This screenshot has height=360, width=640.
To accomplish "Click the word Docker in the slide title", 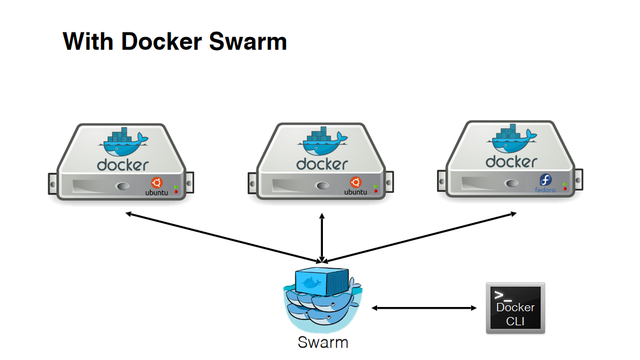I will click(156, 42).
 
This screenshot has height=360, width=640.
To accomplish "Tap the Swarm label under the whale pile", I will click(323, 342).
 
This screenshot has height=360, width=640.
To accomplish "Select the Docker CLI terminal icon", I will click(515, 308).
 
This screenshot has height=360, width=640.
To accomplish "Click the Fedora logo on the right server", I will click(545, 181).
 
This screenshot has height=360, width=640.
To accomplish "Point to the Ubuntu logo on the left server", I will click(156, 184).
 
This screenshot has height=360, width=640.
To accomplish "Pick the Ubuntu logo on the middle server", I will click(355, 184).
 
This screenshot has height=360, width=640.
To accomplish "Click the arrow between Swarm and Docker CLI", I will click(424, 308).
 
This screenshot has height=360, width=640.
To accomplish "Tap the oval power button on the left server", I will click(122, 187).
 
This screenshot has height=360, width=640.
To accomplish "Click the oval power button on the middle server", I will click(322, 186).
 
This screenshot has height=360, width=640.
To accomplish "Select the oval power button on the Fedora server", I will click(511, 184).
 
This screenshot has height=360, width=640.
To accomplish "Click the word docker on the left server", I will click(123, 165).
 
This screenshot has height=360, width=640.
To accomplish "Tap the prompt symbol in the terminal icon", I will click(499, 295).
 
